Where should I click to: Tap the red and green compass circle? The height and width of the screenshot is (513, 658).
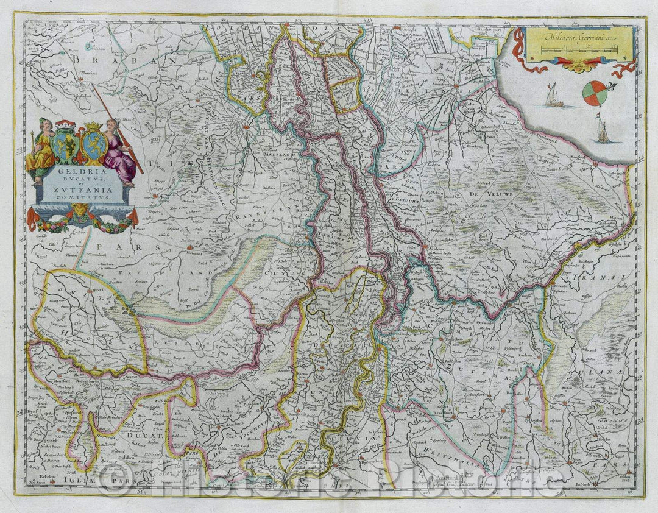[x=595, y=93]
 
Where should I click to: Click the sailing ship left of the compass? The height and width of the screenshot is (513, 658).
[x=553, y=96]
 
